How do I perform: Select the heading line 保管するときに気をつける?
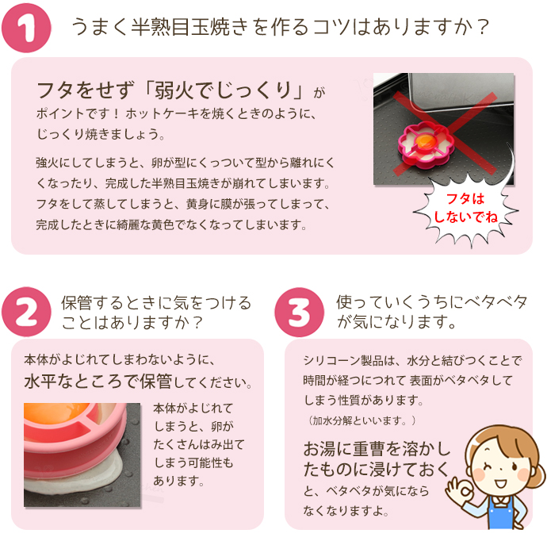(x=156, y=303)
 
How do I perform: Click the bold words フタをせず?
(x=80, y=87)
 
